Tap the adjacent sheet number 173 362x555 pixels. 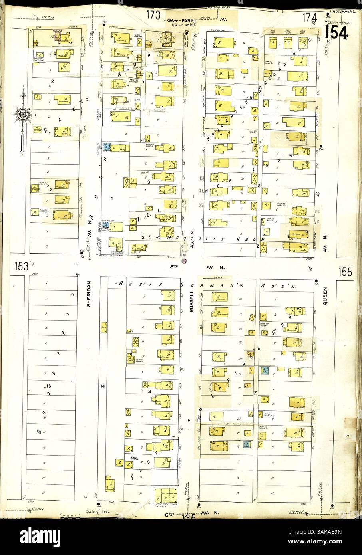click(153, 16)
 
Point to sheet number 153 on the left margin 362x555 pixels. click(21, 266)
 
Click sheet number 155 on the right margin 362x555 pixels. click(345, 272)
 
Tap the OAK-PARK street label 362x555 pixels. click(178, 19)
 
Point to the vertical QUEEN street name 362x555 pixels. click(325, 296)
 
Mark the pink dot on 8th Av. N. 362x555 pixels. click(184, 261)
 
